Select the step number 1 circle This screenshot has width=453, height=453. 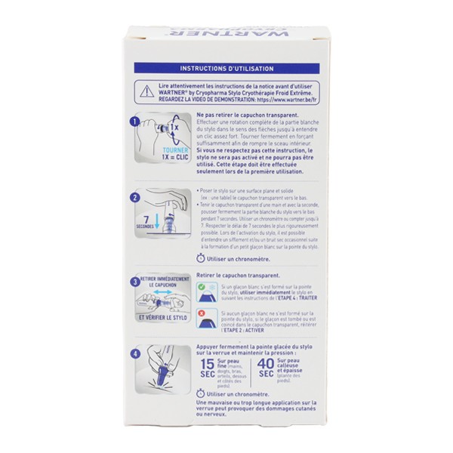[134, 120]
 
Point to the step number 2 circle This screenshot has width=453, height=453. [134, 198]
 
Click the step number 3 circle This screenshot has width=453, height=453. [134, 282]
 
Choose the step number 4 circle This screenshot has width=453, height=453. [134, 352]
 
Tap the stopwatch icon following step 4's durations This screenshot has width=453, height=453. [200, 393]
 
